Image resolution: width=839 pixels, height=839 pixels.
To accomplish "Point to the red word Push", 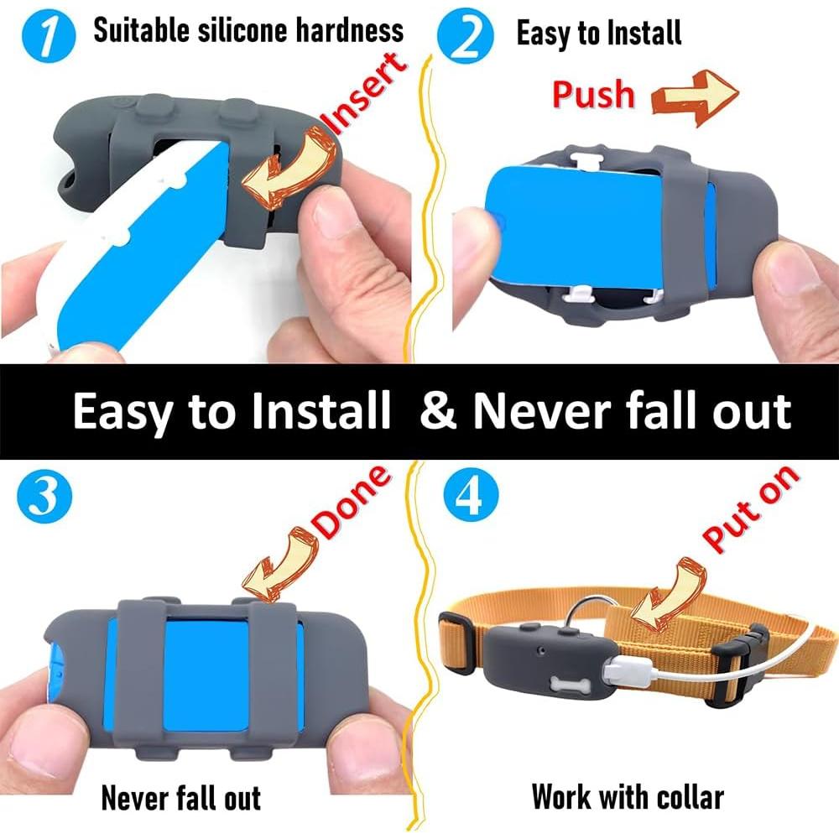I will [593, 95].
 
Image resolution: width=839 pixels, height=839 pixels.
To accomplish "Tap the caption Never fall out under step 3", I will [181, 797].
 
